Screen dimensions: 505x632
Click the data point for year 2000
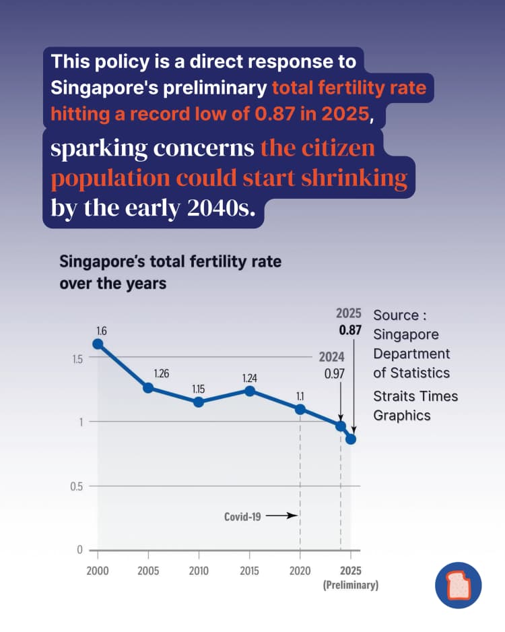pyautogui.click(x=98, y=344)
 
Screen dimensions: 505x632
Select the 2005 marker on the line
pyautogui.click(x=148, y=387)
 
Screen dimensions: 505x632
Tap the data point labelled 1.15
pyautogui.click(x=198, y=402)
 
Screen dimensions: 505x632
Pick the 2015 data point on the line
pyautogui.click(x=250, y=391)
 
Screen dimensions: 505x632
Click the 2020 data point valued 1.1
pyautogui.click(x=300, y=410)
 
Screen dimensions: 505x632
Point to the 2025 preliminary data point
pyautogui.click(x=351, y=439)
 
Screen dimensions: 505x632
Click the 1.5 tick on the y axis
pyautogui.click(x=77, y=358)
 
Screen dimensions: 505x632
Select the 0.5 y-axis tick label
pyautogui.click(x=77, y=486)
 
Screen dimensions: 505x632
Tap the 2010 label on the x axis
pyautogui.click(x=199, y=571)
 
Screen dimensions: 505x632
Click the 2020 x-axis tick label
pyautogui.click(x=300, y=571)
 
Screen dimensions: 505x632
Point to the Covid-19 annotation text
pyautogui.click(x=242, y=516)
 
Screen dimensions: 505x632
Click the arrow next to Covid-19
pyautogui.click(x=281, y=515)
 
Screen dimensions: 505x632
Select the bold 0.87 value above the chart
pyautogui.click(x=350, y=330)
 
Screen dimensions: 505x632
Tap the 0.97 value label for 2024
pyautogui.click(x=335, y=374)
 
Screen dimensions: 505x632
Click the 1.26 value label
pyautogui.click(x=162, y=374)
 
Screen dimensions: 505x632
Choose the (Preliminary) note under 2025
pyautogui.click(x=351, y=585)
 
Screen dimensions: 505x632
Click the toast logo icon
pyautogui.click(x=459, y=585)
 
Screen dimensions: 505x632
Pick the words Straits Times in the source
pyautogui.click(x=415, y=396)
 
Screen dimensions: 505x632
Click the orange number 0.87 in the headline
pyautogui.click(x=275, y=114)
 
